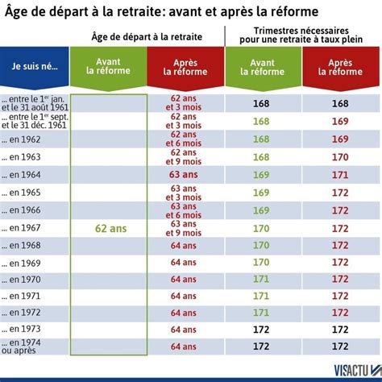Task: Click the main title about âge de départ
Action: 161,11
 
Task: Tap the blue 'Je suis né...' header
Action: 35,64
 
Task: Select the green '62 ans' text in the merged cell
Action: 108,227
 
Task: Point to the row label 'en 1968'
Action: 27,245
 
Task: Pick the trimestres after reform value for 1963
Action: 340,157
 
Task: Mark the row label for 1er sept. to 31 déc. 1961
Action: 36,122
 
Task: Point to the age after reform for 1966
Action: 186,210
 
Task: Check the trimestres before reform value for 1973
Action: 261,329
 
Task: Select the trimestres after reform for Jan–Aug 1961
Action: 340,103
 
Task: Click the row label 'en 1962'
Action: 27,139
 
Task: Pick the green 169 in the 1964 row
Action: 261,174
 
